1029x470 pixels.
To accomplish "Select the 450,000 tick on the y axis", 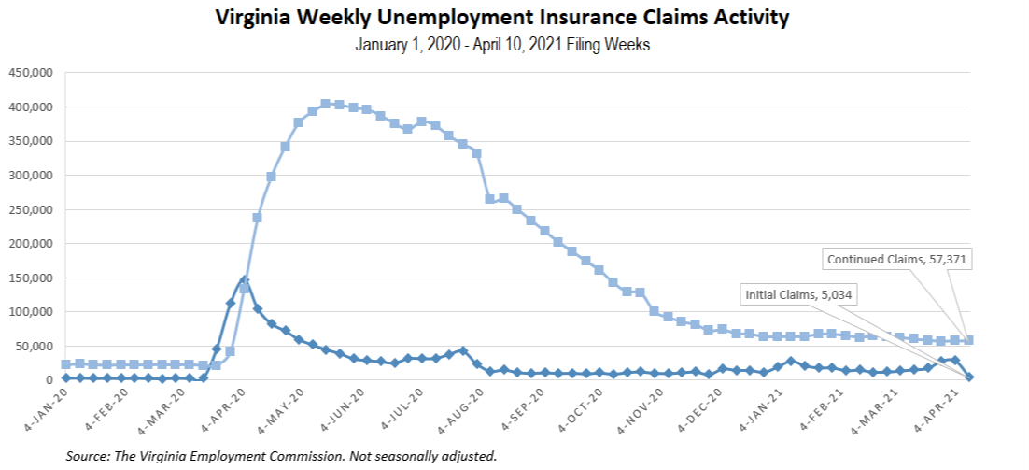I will point(31,73).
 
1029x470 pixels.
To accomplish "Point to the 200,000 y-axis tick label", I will point(31,244).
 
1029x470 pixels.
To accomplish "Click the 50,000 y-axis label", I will point(35,347).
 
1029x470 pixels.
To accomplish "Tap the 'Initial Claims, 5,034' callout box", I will point(800,294).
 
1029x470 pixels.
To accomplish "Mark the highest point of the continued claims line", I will point(325,104).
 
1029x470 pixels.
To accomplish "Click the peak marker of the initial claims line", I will point(244,279).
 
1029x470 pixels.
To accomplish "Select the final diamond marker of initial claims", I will point(968,377).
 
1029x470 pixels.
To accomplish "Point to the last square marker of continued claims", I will point(968,340).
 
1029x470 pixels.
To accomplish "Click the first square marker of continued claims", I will point(65,364).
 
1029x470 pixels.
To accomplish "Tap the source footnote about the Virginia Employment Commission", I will point(281,456).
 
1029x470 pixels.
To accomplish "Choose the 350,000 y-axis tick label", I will point(31,141).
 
